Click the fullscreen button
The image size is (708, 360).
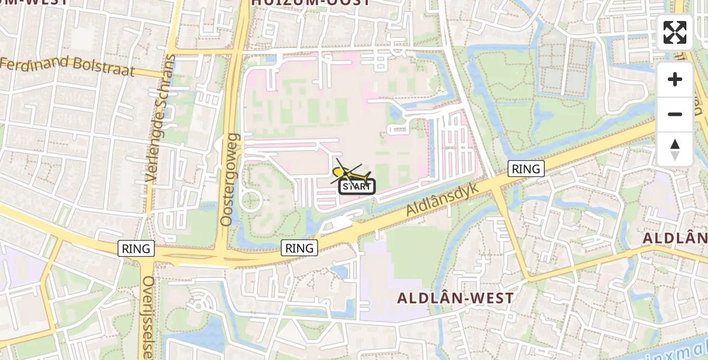pos(675,32)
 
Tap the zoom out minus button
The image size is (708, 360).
pos(675,114)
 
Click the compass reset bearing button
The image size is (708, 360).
pos(675,149)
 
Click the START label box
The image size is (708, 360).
pos(357,187)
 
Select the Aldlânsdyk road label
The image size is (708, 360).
pos(442,200)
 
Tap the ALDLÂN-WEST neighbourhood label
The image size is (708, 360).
pos(455,298)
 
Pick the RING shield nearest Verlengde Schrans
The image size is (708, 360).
pos(137,248)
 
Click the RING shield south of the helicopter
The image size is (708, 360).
pos(299,248)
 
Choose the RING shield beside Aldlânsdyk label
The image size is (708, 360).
pos(526,169)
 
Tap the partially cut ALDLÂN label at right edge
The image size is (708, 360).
pos(676,238)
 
